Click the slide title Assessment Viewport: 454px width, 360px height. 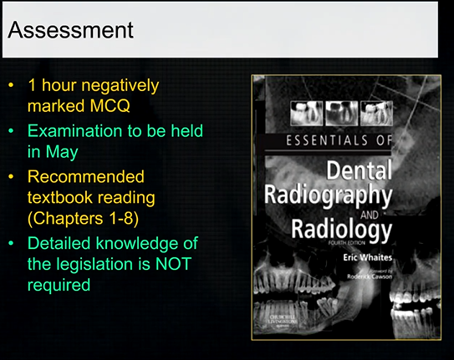[70, 30]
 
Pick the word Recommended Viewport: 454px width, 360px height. [86, 176]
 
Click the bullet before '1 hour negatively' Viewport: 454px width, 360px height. [10, 85]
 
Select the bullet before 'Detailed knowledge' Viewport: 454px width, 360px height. [10, 244]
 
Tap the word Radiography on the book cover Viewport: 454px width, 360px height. [328, 196]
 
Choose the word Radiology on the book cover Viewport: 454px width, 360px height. [342, 227]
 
